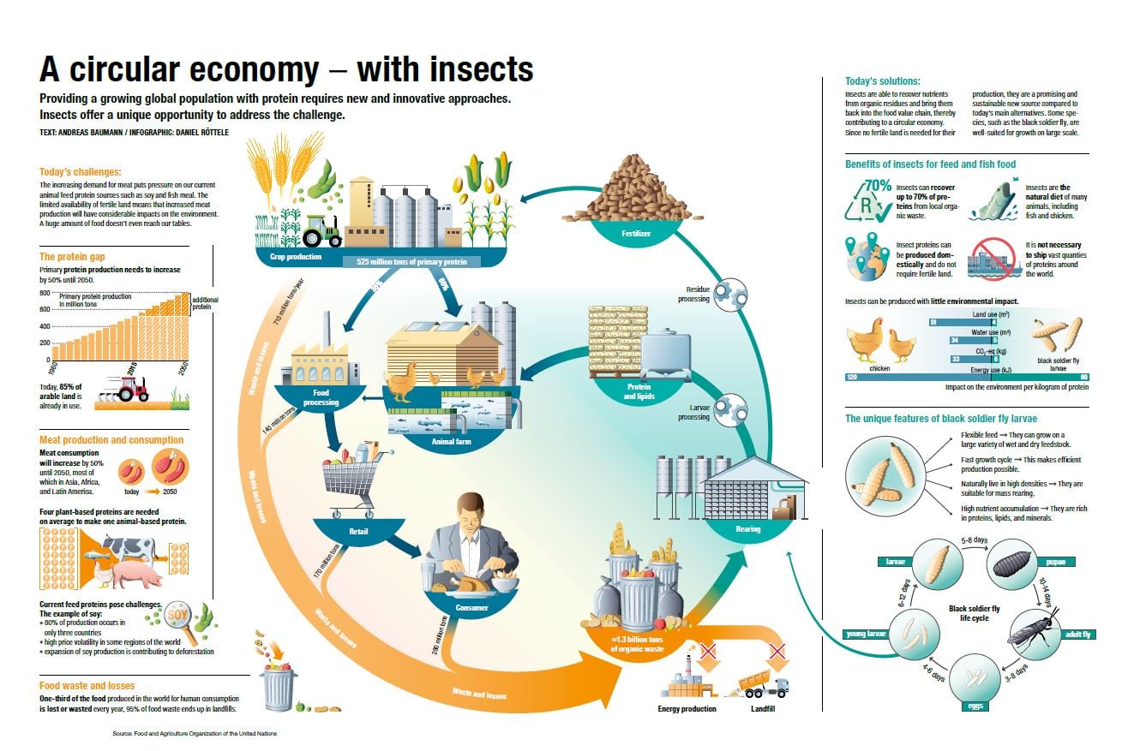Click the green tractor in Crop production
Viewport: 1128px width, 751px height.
[x=322, y=230]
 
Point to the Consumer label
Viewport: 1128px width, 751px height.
[x=471, y=608]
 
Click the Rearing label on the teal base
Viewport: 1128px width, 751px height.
[x=747, y=529]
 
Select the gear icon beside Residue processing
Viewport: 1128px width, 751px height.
[x=729, y=290]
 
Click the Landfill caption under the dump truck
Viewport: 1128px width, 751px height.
[x=762, y=709]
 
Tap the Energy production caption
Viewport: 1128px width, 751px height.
[x=687, y=709]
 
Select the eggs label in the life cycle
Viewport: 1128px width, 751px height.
[x=975, y=706]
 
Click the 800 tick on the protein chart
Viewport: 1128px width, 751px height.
[x=45, y=293]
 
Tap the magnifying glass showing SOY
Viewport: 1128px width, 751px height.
[x=179, y=617]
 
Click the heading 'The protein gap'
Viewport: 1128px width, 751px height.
[x=73, y=256]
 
